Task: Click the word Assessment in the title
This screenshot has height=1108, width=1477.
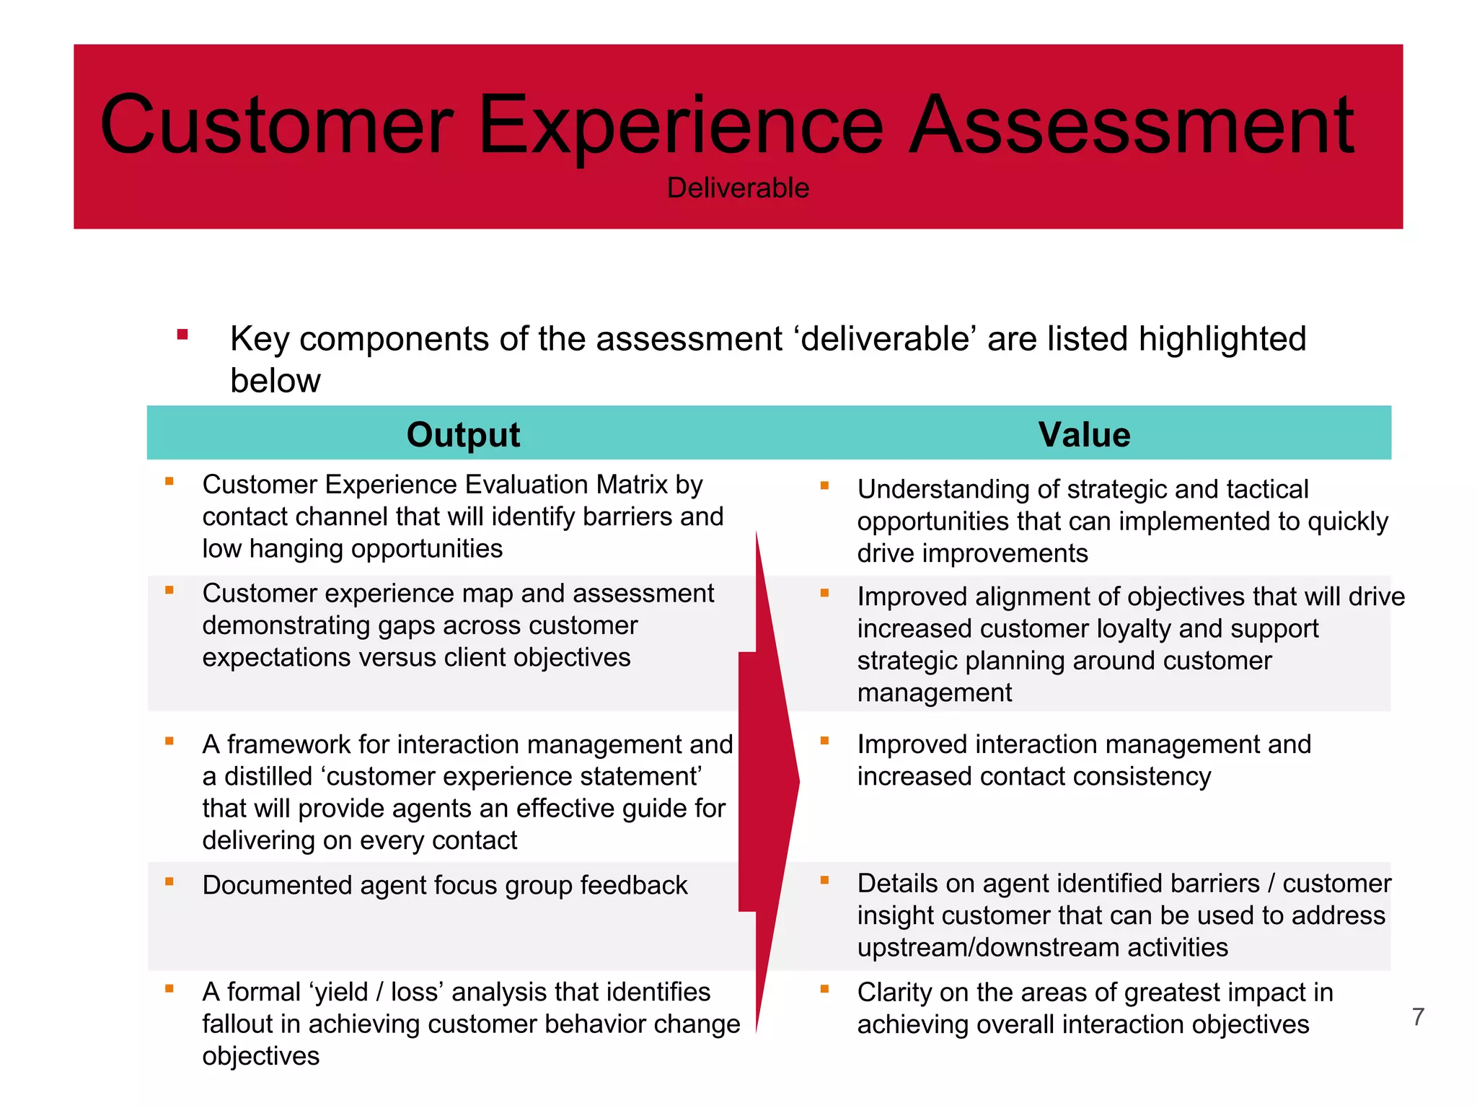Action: coord(1131,126)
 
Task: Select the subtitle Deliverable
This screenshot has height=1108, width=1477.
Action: coord(738,188)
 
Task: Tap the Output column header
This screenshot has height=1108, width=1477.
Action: coord(463,435)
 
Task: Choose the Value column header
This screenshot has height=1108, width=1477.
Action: coord(1084,435)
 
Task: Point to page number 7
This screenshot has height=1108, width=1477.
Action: coord(1418,1017)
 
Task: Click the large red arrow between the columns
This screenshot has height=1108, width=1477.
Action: coord(769,781)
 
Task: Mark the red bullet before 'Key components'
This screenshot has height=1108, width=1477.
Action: coord(182,334)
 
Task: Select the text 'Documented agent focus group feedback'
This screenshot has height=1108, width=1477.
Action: coord(445,885)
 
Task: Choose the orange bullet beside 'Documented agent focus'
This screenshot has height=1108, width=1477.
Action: coord(169,881)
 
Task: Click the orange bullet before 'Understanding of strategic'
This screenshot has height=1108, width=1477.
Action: coord(824,486)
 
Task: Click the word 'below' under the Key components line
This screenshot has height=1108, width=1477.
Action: coord(275,381)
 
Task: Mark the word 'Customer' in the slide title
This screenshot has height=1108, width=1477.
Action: coord(277,126)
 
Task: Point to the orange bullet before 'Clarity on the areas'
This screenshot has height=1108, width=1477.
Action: coord(824,989)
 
